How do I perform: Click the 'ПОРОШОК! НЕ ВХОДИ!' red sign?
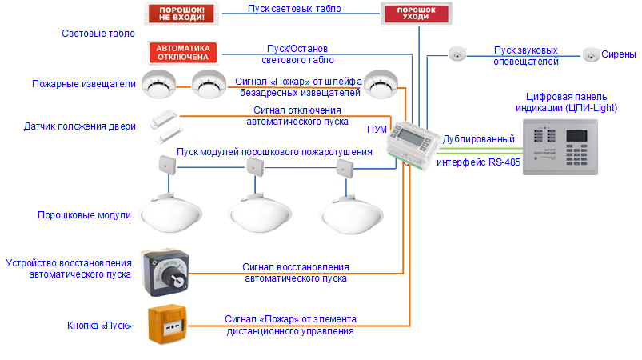coord(183,14)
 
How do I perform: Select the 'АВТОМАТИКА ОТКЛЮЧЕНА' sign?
coord(183,52)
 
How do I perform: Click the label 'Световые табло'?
coord(98,34)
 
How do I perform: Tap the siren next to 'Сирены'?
coord(591,54)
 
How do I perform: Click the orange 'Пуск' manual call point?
coord(168,324)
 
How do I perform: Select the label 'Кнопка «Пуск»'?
coord(100,326)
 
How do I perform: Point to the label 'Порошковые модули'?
coord(84,215)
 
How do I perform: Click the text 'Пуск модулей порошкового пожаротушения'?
coord(274,152)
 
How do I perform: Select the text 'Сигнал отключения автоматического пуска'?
coord(297,116)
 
